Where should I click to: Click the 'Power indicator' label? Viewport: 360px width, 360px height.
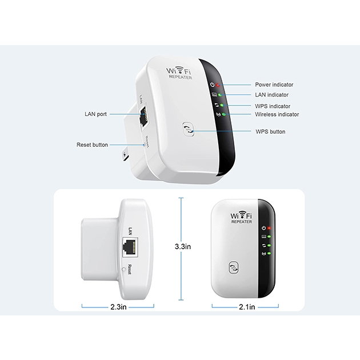click(x=274, y=84)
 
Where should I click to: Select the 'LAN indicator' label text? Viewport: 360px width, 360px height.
click(x=271, y=95)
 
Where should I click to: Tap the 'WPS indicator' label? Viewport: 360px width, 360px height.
click(x=272, y=106)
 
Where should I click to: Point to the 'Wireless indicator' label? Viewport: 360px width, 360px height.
click(x=277, y=114)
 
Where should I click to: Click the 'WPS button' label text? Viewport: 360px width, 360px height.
click(x=270, y=131)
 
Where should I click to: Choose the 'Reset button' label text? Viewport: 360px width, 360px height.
click(x=92, y=145)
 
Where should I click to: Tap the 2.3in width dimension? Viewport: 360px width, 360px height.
click(x=123, y=307)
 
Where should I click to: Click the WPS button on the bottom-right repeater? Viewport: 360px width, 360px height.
click(x=233, y=267)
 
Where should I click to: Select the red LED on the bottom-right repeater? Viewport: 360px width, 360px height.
click(x=269, y=227)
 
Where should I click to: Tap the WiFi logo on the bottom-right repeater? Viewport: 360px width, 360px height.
click(x=241, y=215)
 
